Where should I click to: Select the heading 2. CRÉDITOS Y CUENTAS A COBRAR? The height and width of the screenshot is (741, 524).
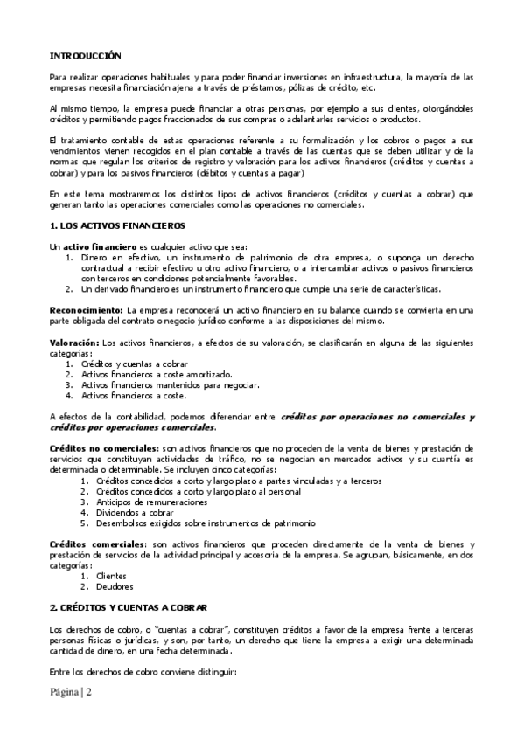click(x=128, y=606)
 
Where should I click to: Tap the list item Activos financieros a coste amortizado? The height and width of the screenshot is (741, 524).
click(x=145, y=373)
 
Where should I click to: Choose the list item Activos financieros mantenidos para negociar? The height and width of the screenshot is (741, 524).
click(x=157, y=384)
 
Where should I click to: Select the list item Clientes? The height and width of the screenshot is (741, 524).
click(x=111, y=576)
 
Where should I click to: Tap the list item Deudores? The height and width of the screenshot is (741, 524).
click(x=114, y=586)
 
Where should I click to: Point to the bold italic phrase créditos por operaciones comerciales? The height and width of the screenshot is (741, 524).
click(x=131, y=427)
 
